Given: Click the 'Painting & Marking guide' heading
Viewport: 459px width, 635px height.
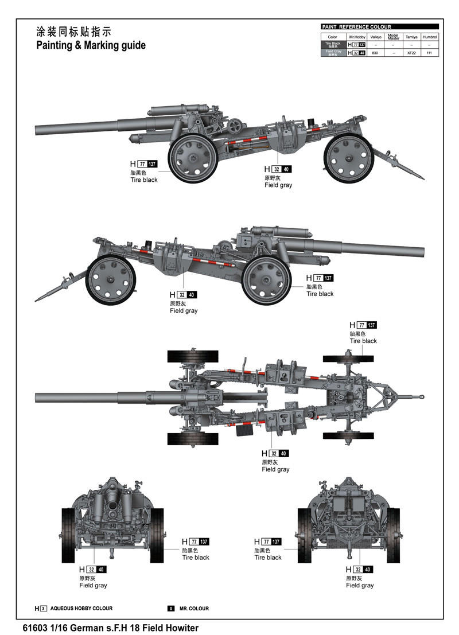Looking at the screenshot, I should [x=91, y=45].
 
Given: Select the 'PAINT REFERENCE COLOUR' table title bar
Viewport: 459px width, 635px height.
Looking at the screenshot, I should [x=379, y=27].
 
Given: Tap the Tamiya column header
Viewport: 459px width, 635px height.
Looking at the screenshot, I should [x=411, y=37].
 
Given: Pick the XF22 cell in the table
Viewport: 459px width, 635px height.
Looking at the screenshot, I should [x=411, y=53].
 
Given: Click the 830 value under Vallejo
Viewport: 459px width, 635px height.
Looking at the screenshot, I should [x=375, y=53].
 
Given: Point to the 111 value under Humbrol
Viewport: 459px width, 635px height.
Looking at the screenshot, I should [x=429, y=53].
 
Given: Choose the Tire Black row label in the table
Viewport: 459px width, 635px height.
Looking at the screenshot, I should [x=333, y=44].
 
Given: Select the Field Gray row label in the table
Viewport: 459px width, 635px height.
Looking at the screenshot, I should [x=333, y=52].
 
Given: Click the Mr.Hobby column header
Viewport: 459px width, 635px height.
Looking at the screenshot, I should [x=357, y=37].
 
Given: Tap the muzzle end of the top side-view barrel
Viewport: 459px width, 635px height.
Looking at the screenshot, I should [x=37, y=130].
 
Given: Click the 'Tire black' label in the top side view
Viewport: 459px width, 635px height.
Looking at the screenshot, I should [x=143, y=180].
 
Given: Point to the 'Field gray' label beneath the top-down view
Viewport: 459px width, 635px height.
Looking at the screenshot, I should [x=275, y=469].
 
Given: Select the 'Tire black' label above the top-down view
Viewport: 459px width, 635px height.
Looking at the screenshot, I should [x=363, y=341].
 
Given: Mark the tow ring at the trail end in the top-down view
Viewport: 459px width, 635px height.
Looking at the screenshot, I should [x=421, y=396].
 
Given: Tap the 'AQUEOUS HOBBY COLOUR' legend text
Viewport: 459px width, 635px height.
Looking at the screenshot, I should [x=81, y=608].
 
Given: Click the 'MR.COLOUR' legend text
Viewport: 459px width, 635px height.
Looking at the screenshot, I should [x=194, y=608].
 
